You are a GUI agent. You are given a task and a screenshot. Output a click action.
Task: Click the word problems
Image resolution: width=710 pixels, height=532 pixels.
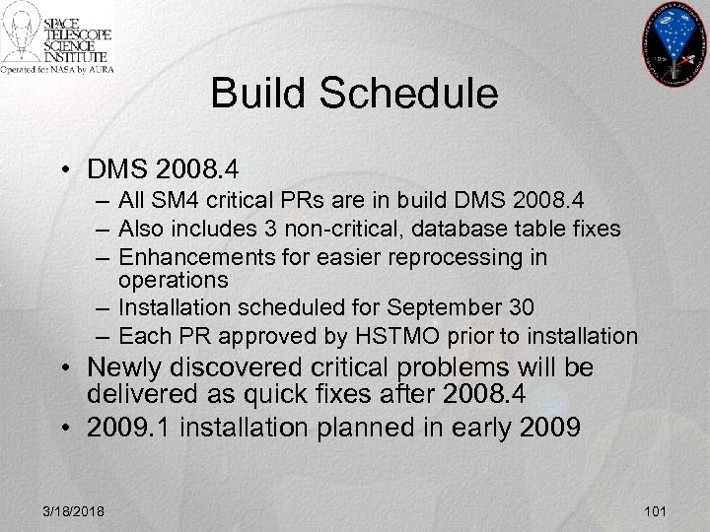[413, 368]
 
